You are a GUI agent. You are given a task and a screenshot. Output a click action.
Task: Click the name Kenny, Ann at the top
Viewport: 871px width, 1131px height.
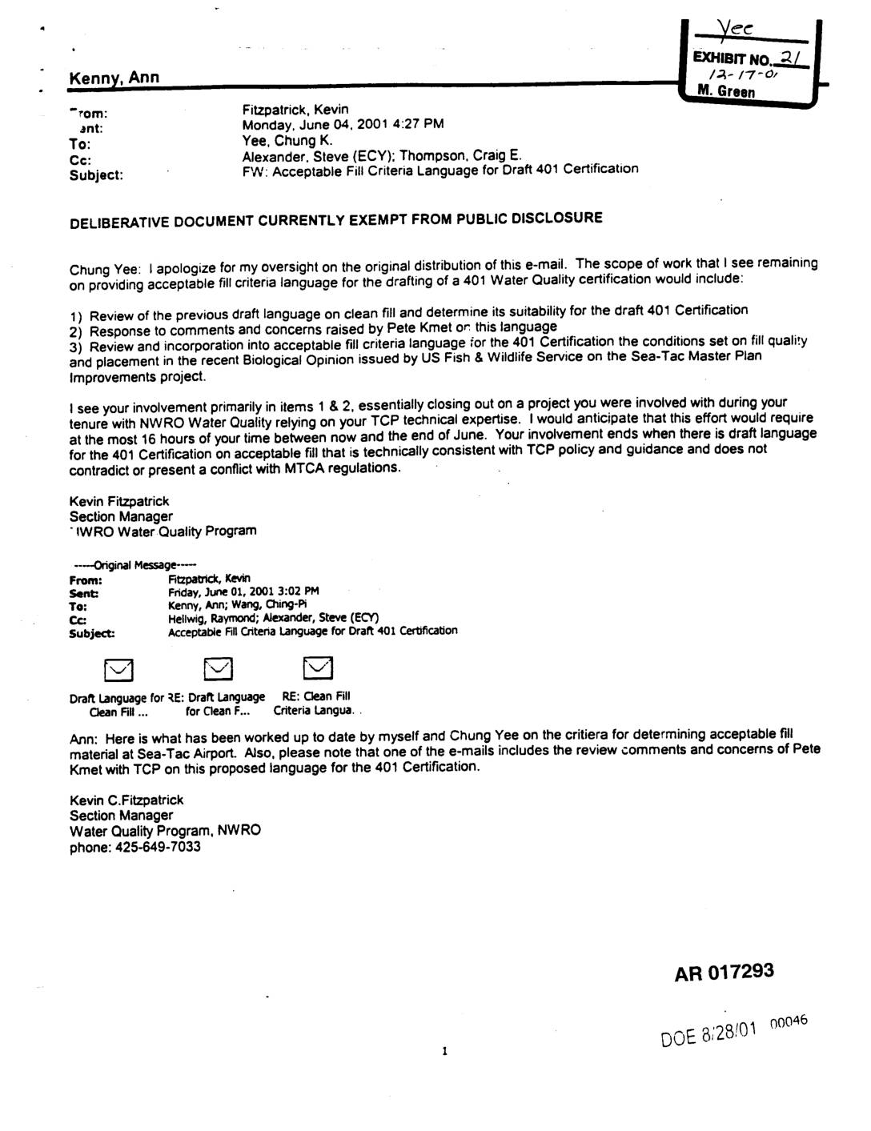point(114,78)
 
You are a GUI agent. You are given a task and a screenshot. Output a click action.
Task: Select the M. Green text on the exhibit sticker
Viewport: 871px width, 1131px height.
point(726,91)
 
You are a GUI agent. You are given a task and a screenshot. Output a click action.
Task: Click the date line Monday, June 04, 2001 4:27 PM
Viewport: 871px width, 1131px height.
point(343,124)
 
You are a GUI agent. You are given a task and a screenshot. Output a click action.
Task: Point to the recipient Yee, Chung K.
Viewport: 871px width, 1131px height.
point(287,140)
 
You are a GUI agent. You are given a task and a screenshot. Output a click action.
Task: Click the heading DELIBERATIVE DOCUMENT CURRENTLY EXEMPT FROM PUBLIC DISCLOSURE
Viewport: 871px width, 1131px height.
point(335,219)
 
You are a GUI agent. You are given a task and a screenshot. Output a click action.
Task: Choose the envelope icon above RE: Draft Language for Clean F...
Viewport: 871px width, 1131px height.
point(217,668)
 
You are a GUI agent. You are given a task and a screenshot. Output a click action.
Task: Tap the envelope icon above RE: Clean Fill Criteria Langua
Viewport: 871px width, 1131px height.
point(318,668)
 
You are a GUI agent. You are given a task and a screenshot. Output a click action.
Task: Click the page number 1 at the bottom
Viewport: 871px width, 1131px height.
point(443,1051)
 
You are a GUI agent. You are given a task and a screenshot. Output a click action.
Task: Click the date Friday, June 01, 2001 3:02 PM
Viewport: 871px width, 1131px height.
point(243,592)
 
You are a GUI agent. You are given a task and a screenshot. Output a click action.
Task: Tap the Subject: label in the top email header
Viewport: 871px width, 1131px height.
point(96,174)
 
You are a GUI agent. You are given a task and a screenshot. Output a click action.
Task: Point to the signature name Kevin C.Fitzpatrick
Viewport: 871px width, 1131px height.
point(126,800)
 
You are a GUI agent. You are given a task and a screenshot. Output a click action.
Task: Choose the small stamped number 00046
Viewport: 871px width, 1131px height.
point(789,1021)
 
